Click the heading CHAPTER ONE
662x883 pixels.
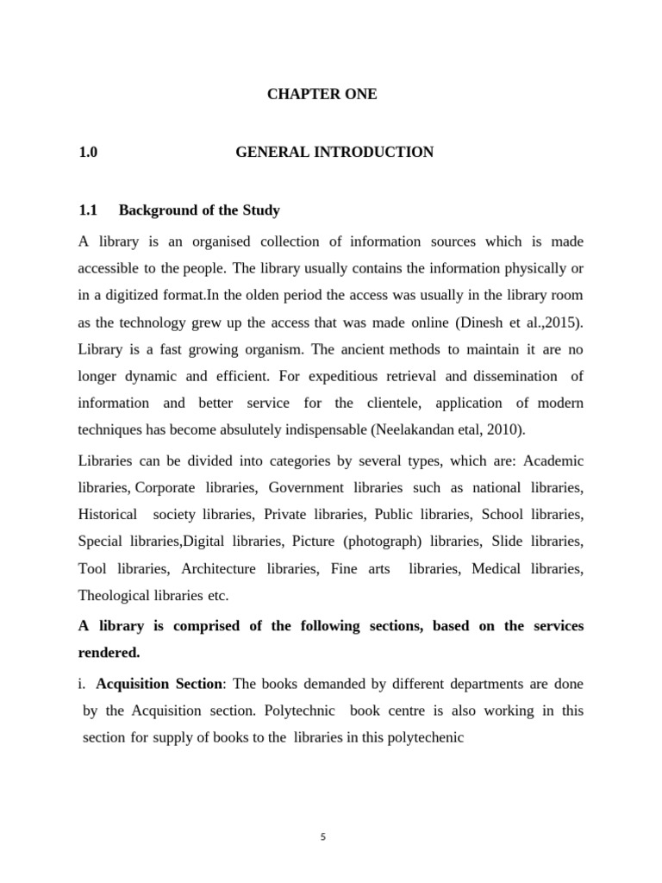click(322, 95)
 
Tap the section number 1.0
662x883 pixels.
click(88, 153)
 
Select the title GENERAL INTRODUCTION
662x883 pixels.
click(334, 153)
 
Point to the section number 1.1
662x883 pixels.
click(90, 210)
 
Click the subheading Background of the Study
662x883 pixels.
click(199, 210)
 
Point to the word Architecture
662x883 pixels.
click(219, 569)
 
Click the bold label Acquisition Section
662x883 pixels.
click(159, 684)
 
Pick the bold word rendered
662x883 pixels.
click(111, 653)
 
